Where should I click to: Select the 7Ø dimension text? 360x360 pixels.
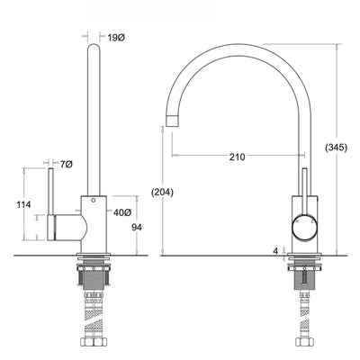[66, 166]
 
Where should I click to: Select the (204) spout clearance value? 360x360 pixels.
[163, 191]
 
